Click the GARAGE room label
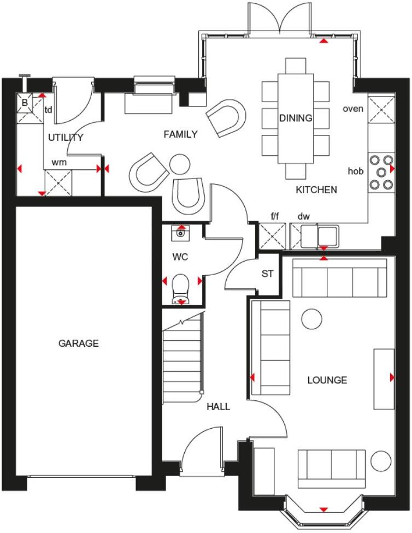pos(79,344)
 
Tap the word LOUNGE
pos(327,380)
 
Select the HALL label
pos(218,407)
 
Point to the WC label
pos(180,256)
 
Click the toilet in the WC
pos(180,288)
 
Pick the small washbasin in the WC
pos(180,233)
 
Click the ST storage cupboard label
pos(267,274)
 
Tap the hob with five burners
pos(381,172)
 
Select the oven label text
pos(353,109)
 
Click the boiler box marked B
pos(25,102)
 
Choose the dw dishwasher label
pos(303,217)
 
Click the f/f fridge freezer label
pos(275,217)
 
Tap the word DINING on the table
pos(296,118)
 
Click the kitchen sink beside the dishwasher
pos(327,236)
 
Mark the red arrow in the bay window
pos(323,510)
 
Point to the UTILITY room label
pos(66,138)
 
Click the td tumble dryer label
pos(49,110)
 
